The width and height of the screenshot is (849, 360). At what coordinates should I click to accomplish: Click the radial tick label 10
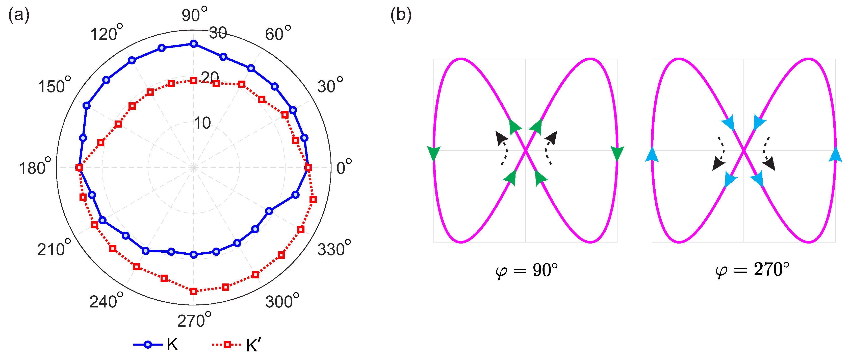[x=202, y=123]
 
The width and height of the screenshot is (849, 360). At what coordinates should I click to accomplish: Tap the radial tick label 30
[x=218, y=33]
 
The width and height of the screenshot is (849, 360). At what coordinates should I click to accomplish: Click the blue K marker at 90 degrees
[x=194, y=44]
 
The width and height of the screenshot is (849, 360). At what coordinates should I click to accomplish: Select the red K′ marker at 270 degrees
[x=194, y=291]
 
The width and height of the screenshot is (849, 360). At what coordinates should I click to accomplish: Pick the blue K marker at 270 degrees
[x=194, y=254]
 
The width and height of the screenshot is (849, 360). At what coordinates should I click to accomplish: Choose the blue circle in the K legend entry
[x=148, y=345]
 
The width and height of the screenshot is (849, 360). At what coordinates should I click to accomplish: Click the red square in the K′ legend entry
[x=227, y=345]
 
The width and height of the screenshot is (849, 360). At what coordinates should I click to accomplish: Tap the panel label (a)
[x=19, y=15]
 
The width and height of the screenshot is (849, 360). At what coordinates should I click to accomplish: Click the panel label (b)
[x=401, y=15]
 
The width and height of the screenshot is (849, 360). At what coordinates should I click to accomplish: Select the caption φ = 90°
[x=527, y=270]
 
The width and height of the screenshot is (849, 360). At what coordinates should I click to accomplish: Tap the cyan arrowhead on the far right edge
[x=835, y=155]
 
